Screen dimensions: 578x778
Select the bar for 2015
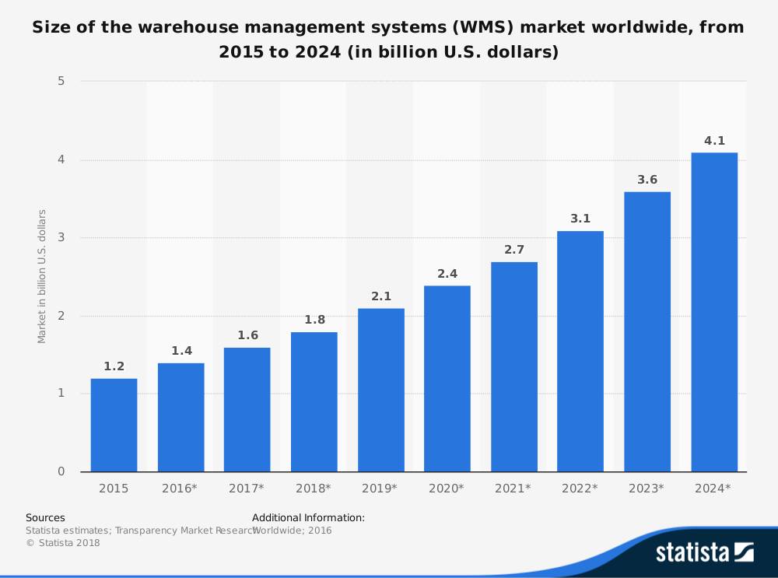(114, 425)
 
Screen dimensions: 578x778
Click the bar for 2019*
(380, 390)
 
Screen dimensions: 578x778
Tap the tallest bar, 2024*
(714, 312)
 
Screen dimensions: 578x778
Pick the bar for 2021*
(514, 366)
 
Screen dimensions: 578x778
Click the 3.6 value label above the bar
(647, 180)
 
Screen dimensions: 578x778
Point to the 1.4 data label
(181, 351)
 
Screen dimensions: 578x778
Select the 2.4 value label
(447, 274)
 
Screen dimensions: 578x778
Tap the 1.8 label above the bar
(314, 320)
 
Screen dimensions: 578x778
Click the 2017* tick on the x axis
(247, 489)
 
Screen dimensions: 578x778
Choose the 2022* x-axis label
(580, 489)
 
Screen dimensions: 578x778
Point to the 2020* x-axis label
(447, 489)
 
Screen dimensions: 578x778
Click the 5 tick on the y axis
(61, 82)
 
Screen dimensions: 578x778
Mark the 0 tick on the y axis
(61, 471)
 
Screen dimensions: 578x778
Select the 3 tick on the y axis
(61, 238)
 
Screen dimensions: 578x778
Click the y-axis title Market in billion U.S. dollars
(42, 276)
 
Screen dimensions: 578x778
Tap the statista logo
(704, 552)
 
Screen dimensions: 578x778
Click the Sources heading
(45, 517)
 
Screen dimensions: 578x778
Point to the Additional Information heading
(308, 517)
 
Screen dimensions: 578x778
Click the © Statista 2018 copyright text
(63, 543)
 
